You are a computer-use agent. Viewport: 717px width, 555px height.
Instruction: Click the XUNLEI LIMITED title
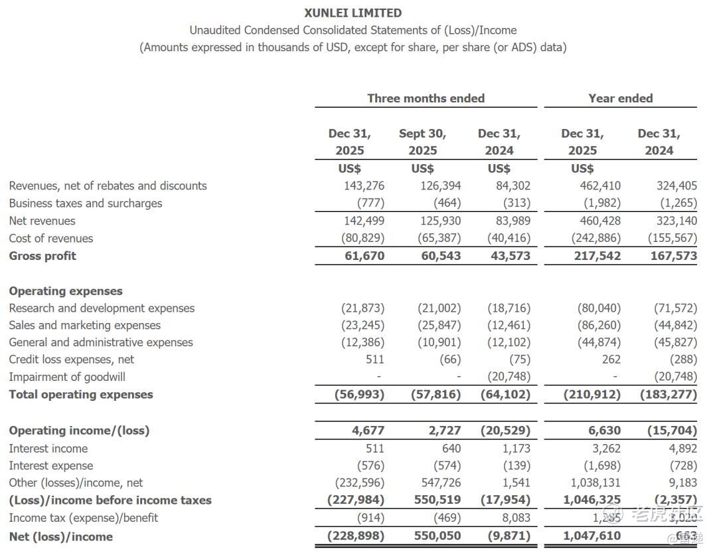[x=353, y=13]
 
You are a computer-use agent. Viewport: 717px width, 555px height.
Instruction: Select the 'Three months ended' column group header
[x=426, y=98]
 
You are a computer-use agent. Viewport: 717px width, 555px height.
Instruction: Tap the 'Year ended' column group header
[x=620, y=98]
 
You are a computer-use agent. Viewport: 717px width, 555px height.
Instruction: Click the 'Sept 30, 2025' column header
[x=422, y=142]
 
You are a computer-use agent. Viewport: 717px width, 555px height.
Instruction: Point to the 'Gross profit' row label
[x=42, y=256]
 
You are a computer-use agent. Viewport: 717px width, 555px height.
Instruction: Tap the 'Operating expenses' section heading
[x=66, y=291]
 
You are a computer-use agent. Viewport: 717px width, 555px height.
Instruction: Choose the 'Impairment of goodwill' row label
[x=67, y=377]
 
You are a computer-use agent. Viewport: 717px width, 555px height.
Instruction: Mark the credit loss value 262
[x=611, y=360]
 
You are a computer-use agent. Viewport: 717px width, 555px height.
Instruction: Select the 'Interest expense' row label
[x=51, y=466]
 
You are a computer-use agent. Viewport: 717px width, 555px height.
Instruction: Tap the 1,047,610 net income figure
[x=592, y=536]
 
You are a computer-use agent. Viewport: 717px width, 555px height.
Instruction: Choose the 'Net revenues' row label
[x=42, y=221]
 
